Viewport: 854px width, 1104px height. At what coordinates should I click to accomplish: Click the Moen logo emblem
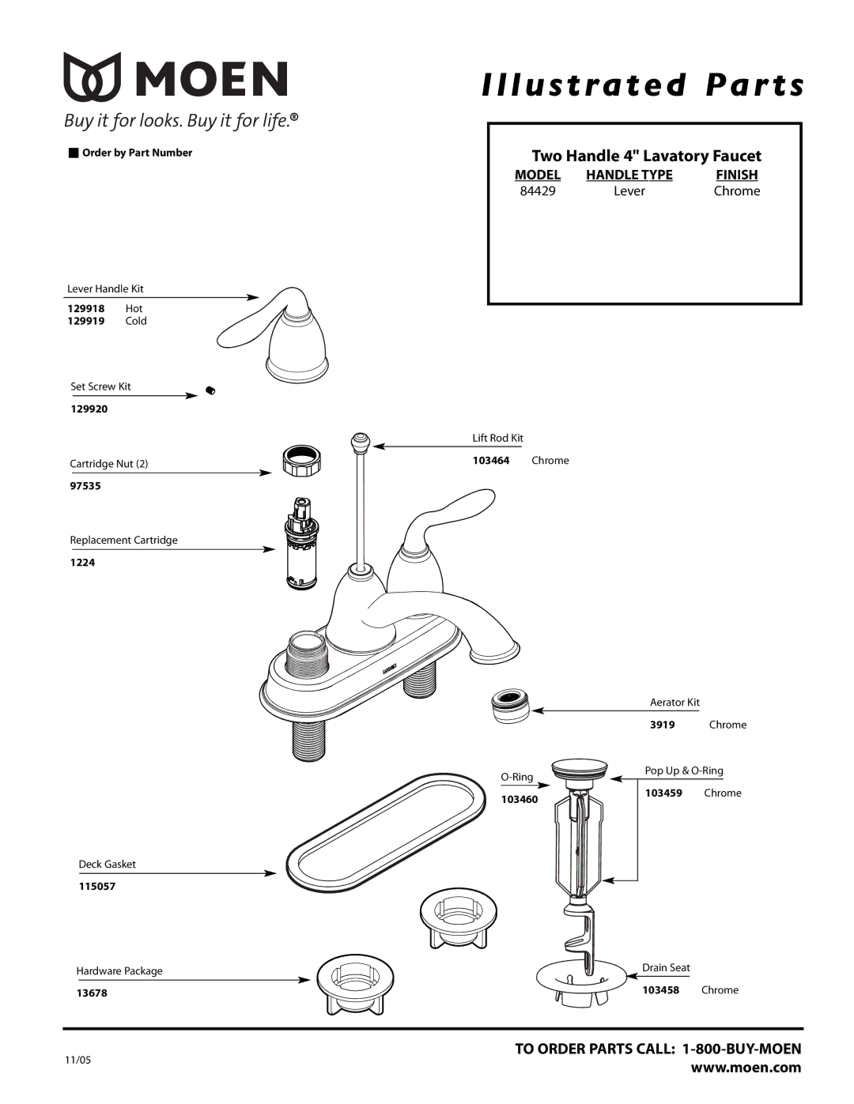[93, 77]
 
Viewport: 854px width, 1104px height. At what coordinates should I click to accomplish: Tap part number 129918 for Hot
[85, 309]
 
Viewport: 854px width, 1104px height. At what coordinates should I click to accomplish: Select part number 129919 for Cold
[85, 322]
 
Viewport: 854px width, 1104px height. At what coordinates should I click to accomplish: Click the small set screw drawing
[210, 390]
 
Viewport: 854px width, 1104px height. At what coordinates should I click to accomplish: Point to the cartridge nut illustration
[300, 461]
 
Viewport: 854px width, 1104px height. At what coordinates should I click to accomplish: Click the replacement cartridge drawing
[300, 544]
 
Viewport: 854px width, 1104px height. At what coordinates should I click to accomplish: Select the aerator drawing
[510, 706]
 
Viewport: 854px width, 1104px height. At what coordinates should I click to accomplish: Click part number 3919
[663, 725]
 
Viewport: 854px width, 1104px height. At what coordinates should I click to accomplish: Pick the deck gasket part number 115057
[97, 887]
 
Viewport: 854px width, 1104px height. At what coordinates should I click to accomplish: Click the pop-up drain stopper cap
[580, 768]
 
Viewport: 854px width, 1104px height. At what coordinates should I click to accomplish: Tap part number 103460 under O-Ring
[519, 800]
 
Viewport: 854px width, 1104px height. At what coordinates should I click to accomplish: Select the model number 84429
[538, 191]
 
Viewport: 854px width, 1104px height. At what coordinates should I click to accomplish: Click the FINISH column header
[736, 175]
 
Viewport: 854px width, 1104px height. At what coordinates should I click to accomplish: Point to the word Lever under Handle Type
[629, 191]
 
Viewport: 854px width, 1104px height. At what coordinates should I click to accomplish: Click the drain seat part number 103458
[661, 990]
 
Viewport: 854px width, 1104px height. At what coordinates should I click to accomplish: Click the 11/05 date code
[77, 1061]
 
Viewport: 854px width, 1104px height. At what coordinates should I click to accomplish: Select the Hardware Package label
[119, 971]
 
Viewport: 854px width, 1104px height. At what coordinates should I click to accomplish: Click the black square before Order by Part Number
[74, 153]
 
